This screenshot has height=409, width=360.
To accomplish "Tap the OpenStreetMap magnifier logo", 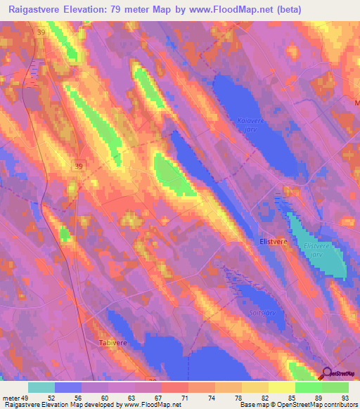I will point(326,373).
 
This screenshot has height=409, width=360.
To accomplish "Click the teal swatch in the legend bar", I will point(41,387).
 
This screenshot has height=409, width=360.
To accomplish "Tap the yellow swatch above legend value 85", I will point(281,387).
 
